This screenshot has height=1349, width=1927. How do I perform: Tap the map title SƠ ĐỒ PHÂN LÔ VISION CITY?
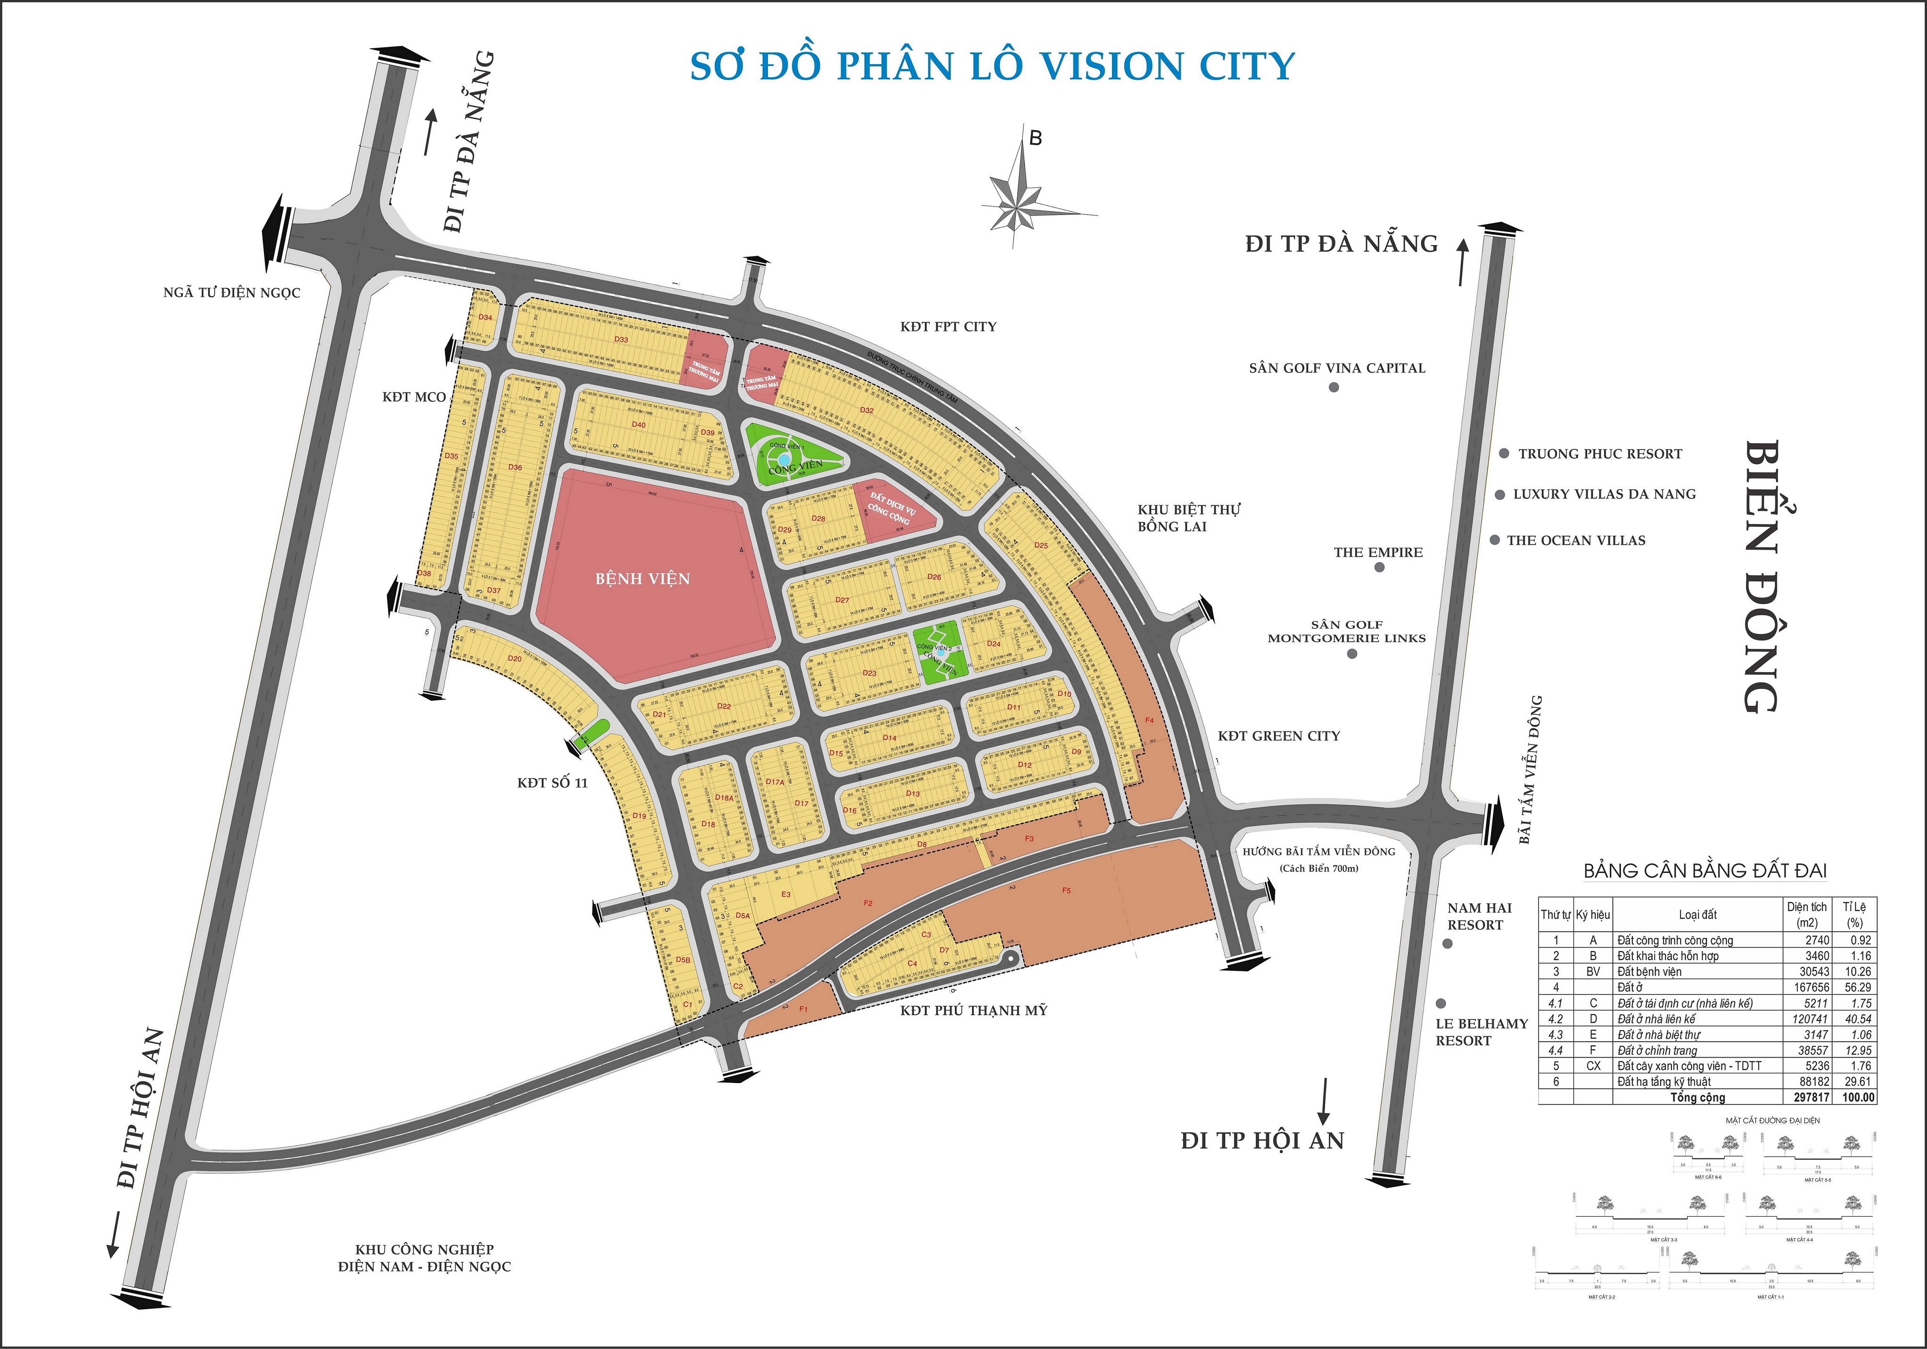[x=992, y=67]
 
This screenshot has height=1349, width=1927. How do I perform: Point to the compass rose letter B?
[x=1036, y=139]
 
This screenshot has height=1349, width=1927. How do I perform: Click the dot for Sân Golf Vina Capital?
[x=1334, y=387]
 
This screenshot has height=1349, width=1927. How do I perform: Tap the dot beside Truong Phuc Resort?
[x=1505, y=453]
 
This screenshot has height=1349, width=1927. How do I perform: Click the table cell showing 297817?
[x=1811, y=1097]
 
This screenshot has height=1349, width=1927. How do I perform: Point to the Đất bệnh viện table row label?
[x=1649, y=971]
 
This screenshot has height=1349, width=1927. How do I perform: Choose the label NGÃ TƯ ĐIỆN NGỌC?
[x=231, y=293]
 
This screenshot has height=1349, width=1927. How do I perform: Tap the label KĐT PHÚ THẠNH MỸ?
[x=973, y=1011]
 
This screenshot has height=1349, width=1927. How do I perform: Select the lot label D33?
[x=621, y=340]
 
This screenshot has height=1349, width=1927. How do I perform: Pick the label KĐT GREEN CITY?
[x=1279, y=736]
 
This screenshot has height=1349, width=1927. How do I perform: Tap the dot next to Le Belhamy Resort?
[x=1441, y=1003]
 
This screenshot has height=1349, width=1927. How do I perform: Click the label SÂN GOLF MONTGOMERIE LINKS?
[x=1346, y=631]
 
